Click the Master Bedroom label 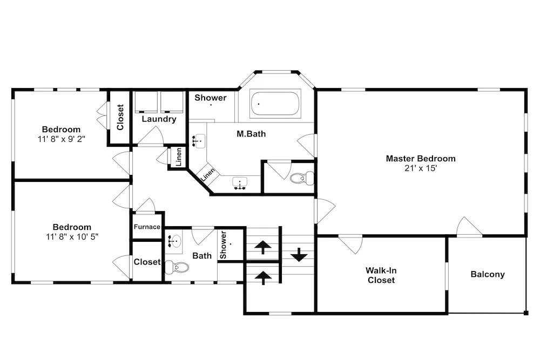pos(421,158)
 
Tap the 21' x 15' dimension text pos(421,168)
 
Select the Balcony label pos(488,274)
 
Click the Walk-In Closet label pos(381,275)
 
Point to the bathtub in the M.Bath pos(275,103)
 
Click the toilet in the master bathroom pos(302,178)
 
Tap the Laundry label pos(159,119)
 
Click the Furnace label pos(147,227)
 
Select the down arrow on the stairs pos(299,255)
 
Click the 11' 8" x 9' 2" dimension pos(62,139)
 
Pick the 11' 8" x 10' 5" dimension pos(72,237)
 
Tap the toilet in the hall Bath pos(177,267)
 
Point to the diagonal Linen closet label pos(208,174)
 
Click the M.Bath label pos(251,134)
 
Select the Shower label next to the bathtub pos(211,98)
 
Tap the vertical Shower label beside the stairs pos(223,244)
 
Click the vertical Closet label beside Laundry pos(120,117)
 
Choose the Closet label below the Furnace pos(147,262)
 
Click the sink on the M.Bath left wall pos(198,141)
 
